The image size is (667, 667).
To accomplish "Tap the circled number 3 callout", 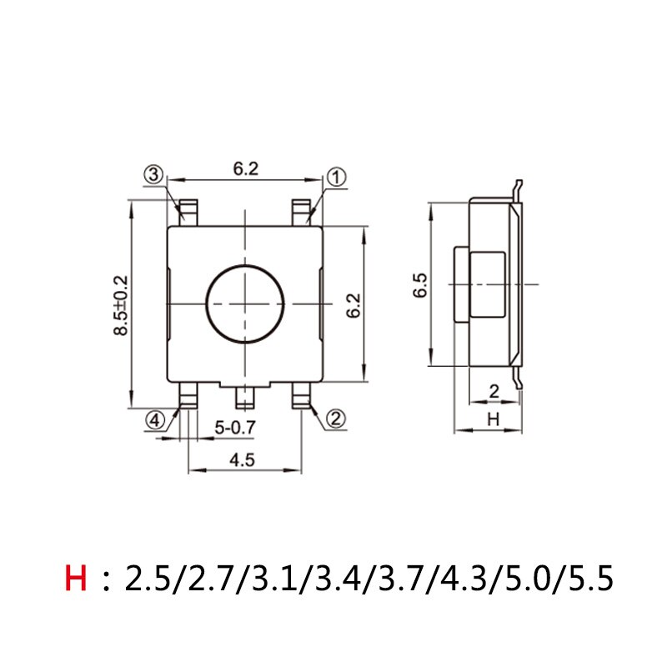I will coord(153,175).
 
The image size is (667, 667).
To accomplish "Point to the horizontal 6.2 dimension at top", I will coord(245,168).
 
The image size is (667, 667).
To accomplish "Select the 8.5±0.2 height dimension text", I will coord(123,305).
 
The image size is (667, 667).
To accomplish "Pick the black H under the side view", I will coord(492,420).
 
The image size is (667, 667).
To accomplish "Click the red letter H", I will coord(76,578).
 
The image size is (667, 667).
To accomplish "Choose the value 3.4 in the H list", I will coord(335,578).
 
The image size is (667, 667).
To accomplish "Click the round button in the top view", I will coord(245,302).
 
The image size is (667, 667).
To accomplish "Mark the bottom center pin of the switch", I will coord(245,398).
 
